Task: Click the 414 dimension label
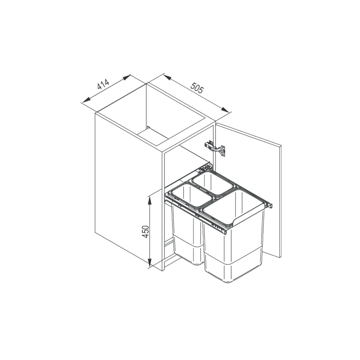tap(103, 84)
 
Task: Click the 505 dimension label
tap(197, 87)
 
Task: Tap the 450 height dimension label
tap(145, 231)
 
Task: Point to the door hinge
tap(215, 148)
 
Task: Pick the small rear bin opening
tap(213, 183)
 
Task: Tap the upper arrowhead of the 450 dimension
tap(150, 201)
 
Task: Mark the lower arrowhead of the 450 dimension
tap(150, 262)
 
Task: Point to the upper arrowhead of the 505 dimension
tap(168, 78)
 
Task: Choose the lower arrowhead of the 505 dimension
tap(225, 109)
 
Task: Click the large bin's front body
tap(233, 250)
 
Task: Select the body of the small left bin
tap(187, 234)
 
